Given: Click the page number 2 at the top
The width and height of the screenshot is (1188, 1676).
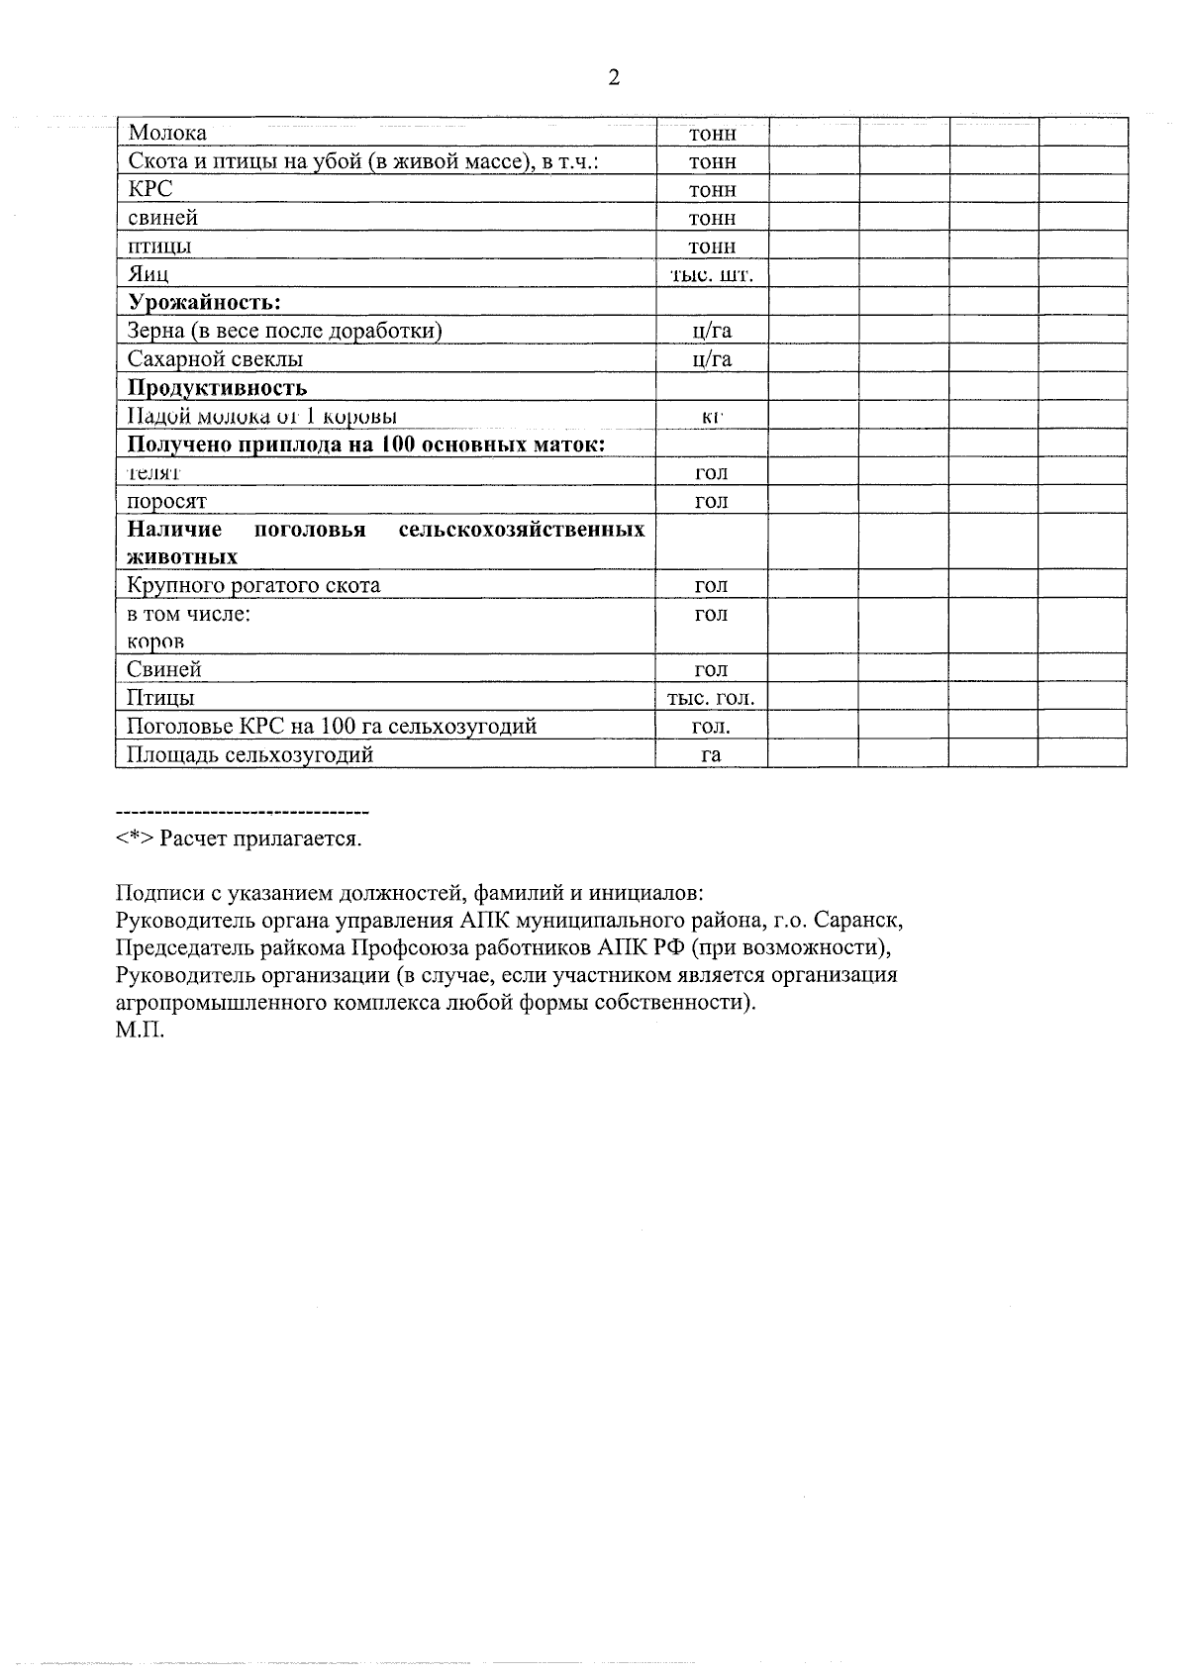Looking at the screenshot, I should [x=613, y=77].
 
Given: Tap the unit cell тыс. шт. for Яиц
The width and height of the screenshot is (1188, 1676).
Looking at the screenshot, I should [x=712, y=274].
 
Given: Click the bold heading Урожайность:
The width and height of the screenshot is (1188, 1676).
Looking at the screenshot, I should [x=205, y=302].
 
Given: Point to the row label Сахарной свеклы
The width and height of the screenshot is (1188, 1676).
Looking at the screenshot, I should [x=216, y=358].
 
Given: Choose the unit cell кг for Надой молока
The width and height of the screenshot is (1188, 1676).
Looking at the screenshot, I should [x=712, y=416].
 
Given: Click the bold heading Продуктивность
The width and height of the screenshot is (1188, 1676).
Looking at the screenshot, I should [x=218, y=387].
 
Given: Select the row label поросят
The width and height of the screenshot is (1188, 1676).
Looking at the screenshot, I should [x=167, y=501].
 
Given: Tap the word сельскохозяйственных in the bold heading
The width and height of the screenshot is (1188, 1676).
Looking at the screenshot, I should [x=522, y=530].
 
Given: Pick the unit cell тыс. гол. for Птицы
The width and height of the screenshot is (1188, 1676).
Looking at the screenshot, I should [x=712, y=698].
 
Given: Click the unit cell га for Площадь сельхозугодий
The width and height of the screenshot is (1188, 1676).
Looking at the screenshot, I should [x=712, y=754].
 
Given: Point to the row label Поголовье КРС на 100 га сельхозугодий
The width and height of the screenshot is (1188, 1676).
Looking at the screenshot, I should [x=333, y=727].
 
